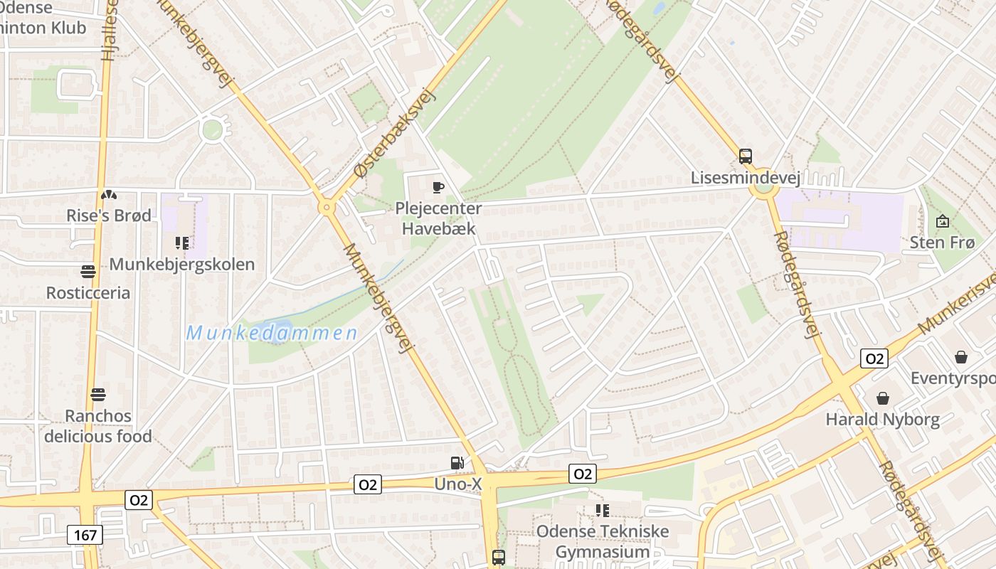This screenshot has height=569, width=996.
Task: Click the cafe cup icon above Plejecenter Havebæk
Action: point(438,188)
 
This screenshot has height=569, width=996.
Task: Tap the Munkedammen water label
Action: point(272,333)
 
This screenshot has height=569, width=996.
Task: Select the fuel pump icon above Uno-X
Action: point(457,464)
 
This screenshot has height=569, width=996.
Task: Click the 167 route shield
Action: point(85,535)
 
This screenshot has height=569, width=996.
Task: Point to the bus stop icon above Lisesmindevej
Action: point(746,156)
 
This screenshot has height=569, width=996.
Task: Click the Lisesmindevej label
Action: point(746,177)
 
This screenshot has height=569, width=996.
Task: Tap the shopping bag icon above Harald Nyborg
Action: point(883,398)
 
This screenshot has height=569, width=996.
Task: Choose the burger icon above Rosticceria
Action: point(88,271)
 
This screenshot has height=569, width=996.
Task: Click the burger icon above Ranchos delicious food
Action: point(98,394)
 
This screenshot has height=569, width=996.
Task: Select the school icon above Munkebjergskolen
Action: point(182,243)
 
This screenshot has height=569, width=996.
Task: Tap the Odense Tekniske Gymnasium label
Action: point(603,541)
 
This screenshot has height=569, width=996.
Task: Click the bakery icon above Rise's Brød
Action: point(109,194)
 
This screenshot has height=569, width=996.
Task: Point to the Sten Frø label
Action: point(942,243)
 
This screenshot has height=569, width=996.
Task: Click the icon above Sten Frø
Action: point(943,221)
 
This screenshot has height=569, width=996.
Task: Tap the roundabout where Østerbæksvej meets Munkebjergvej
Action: point(327,208)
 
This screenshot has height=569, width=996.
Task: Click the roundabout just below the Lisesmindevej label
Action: point(763,190)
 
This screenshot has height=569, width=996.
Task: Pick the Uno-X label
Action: point(458,484)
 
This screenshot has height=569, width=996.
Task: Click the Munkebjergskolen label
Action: point(182,265)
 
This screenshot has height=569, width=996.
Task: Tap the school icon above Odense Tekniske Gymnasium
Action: point(603,510)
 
